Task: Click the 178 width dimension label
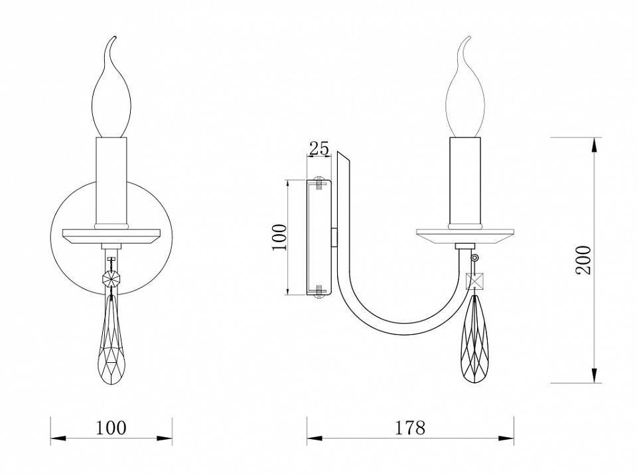click(410, 428)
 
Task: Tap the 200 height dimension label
click(584, 260)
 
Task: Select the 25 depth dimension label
click(319, 149)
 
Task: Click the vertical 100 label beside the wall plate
click(279, 237)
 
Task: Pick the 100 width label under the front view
click(111, 428)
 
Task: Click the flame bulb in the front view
click(111, 87)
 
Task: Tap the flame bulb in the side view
click(464, 87)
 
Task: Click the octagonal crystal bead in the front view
click(111, 279)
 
